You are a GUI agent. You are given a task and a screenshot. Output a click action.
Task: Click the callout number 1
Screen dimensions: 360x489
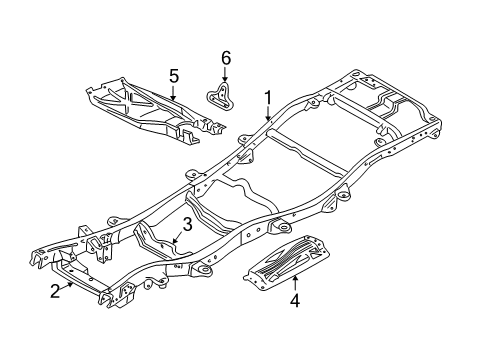coord(267,97)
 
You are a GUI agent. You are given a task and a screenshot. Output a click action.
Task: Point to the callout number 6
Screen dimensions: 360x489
coord(225,58)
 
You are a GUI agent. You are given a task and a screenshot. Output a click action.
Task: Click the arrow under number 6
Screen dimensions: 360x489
coord(225,75)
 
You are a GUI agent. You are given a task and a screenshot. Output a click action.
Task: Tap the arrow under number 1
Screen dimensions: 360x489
coord(267,115)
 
